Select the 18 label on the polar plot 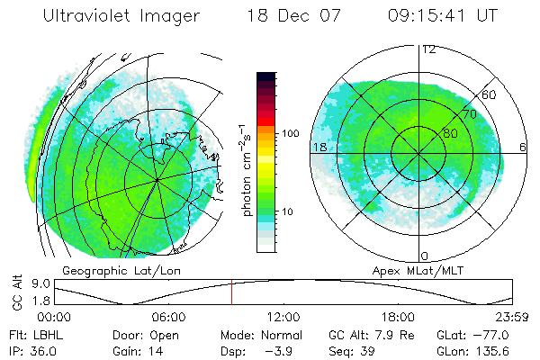(319, 146)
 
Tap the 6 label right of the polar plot (523, 146)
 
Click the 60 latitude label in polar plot (490, 94)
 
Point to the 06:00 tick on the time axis (168, 316)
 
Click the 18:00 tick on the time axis (398, 316)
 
